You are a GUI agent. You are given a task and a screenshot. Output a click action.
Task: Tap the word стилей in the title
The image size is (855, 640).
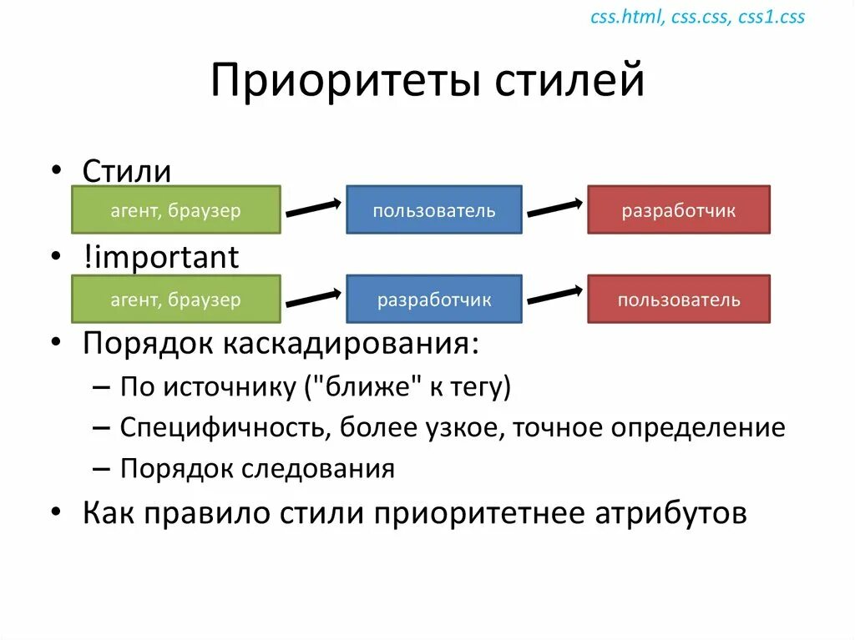(x=569, y=83)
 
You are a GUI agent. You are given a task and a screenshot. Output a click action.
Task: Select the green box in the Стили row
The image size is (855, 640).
(x=176, y=210)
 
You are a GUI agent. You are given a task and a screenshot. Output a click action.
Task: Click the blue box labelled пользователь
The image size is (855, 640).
(x=434, y=210)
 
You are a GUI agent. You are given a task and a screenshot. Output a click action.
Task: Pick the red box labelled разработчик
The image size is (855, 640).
(x=678, y=210)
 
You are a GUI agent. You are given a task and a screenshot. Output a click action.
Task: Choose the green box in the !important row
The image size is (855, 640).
(x=176, y=300)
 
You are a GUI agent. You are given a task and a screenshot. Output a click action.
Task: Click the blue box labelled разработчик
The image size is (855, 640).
(x=434, y=300)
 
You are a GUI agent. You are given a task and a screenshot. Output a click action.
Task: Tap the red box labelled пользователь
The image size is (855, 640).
(x=678, y=300)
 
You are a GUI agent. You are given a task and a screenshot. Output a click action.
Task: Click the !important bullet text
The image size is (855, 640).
(x=160, y=258)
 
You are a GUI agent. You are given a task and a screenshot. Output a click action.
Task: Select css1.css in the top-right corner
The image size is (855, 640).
(x=772, y=18)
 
